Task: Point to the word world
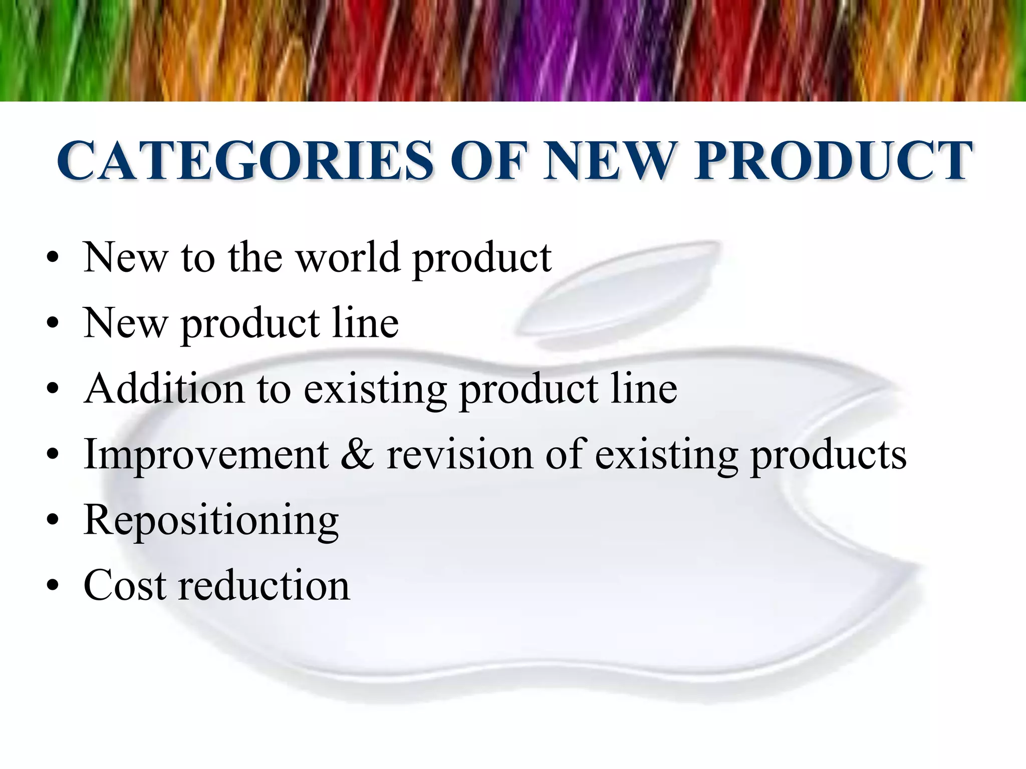[348, 257]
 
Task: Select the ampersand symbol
[357, 454]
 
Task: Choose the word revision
[459, 454]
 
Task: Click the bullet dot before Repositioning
[52, 521]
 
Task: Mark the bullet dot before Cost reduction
[52, 586]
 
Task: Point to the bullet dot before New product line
[52, 324]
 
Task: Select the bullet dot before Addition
[52, 390]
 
